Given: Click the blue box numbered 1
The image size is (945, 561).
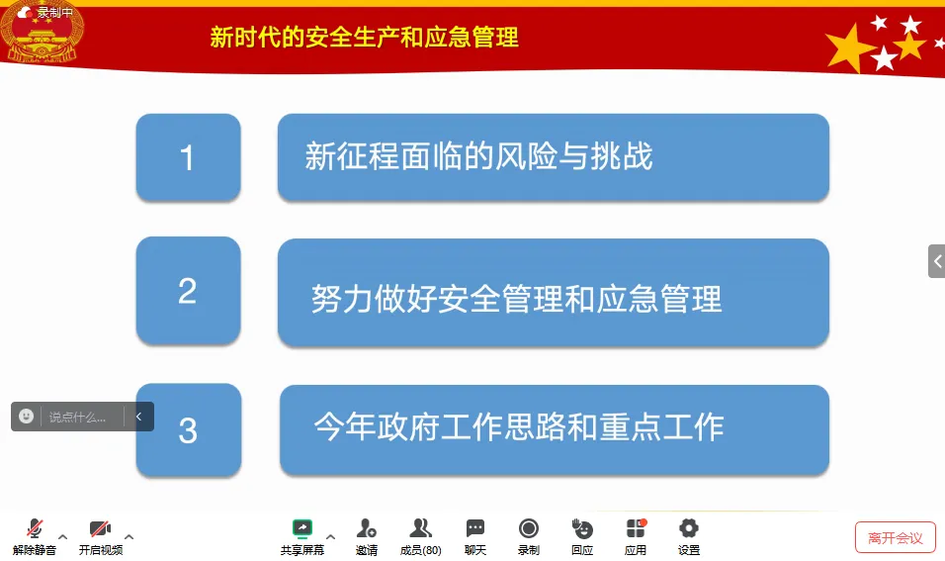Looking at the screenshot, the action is pyautogui.click(x=188, y=157).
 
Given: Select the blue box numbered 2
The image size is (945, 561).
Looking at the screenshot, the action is pyautogui.click(x=188, y=291).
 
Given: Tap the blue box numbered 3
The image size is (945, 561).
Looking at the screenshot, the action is pyautogui.click(x=189, y=430).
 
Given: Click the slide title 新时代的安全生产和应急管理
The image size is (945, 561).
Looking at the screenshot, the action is pyautogui.click(x=364, y=38).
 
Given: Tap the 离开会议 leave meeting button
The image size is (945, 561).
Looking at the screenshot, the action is pyautogui.click(x=895, y=537).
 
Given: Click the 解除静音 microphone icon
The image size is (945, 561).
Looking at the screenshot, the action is pyautogui.click(x=35, y=528).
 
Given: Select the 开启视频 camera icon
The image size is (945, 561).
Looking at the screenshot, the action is pyautogui.click(x=100, y=528).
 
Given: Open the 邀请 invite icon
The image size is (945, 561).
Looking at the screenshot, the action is pyautogui.click(x=366, y=528).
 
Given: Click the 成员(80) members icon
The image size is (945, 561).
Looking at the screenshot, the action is pyautogui.click(x=420, y=528).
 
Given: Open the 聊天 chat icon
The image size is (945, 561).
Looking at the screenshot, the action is pyautogui.click(x=474, y=528).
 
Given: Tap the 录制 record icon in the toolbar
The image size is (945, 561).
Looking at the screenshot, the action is pyautogui.click(x=529, y=528).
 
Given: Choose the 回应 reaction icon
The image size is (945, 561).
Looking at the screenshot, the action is pyautogui.click(x=582, y=528).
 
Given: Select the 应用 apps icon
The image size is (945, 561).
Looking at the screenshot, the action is pyautogui.click(x=636, y=528).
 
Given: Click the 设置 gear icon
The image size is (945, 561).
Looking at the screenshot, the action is pyautogui.click(x=689, y=528).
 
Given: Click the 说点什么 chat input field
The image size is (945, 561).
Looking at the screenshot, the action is pyautogui.click(x=81, y=417).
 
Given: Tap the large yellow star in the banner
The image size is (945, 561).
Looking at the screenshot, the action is pyautogui.click(x=850, y=48).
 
